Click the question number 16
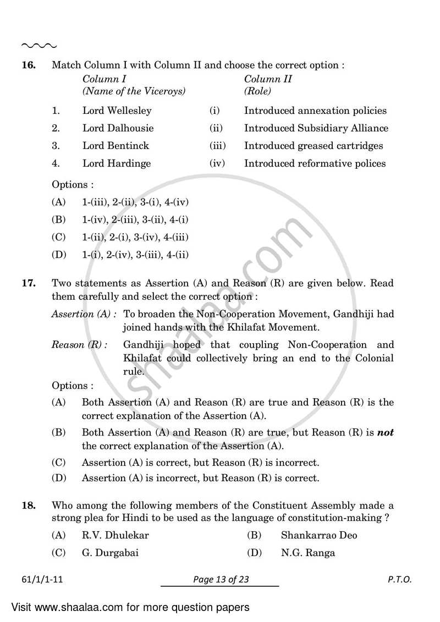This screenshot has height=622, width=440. click(x=29, y=65)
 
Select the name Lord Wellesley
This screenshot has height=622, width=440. click(x=117, y=111)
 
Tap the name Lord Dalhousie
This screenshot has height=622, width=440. click(x=118, y=128)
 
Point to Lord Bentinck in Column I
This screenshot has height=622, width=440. click(x=116, y=146)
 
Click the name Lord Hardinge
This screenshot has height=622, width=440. click(x=116, y=163)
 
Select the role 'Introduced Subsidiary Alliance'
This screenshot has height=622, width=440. click(x=316, y=128)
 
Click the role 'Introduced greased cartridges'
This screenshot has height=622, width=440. click(x=313, y=146)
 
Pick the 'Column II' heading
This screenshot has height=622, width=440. click(x=268, y=79)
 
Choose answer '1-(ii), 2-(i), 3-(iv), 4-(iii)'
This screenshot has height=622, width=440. click(x=135, y=237)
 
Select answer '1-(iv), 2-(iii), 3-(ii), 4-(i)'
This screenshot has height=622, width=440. click(x=135, y=219)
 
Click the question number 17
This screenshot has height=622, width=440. click(x=29, y=284)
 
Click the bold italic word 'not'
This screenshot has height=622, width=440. click(x=385, y=433)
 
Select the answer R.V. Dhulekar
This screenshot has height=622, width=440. click(x=115, y=535)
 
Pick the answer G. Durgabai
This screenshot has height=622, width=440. click(x=110, y=553)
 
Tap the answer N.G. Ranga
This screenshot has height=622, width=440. click(x=307, y=553)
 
